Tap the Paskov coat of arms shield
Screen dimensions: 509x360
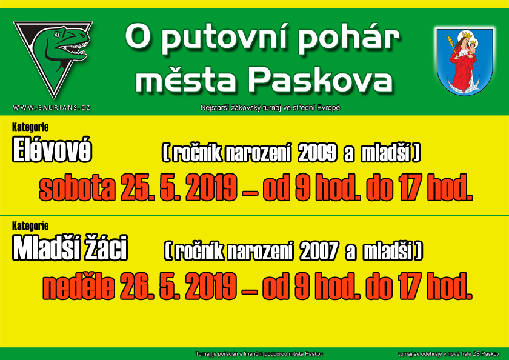465,62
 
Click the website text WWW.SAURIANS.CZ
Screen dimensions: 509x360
52,108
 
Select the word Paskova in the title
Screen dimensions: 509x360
321,79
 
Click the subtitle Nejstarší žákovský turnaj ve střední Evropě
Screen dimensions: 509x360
270,108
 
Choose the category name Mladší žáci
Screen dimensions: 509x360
70,248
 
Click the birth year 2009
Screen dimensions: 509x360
317,153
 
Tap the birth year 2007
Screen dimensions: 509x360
319,251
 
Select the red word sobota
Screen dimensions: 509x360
78,188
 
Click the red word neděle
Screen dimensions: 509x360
79,287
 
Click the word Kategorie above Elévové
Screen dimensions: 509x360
30,127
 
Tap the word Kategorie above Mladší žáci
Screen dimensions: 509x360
30,226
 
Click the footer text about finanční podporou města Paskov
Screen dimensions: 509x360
259,354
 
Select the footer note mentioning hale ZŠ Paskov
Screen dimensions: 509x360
448,354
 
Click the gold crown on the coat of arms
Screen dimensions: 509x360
467,34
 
